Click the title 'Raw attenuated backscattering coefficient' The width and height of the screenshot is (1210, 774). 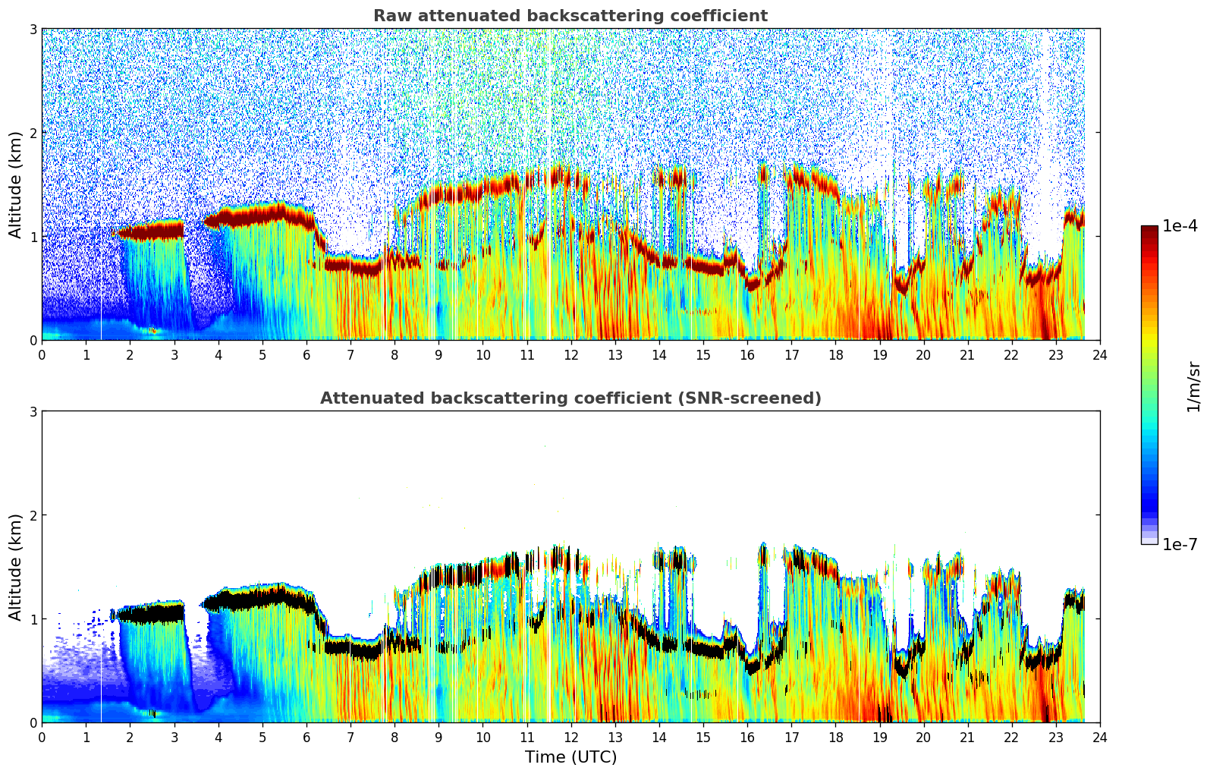coord(570,16)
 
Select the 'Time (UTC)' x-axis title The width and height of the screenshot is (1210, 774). coord(570,757)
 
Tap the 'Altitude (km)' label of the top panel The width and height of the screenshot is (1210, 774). coord(15,184)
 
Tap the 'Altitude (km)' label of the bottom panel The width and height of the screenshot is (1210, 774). coord(15,567)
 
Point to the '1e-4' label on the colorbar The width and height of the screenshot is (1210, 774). coord(1180,226)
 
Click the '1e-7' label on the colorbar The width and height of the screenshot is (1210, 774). coord(1180,544)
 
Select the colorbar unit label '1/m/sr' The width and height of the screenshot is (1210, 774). coord(1193,385)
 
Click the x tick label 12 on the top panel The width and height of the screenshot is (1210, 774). coord(570,354)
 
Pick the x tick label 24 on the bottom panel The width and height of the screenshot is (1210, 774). coord(1099,737)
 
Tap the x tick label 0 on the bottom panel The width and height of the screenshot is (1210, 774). coord(42,737)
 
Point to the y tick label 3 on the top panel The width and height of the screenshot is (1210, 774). coord(33,29)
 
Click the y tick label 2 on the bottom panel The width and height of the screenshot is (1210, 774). coord(33,515)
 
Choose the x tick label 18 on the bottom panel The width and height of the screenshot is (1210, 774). coord(835,737)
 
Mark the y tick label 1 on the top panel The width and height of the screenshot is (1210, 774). coord(33,237)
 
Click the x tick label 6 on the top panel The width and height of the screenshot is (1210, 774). coord(306,354)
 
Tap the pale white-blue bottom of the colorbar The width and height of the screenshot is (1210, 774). coord(1149,540)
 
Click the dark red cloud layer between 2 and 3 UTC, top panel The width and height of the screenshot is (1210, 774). coord(152,231)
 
